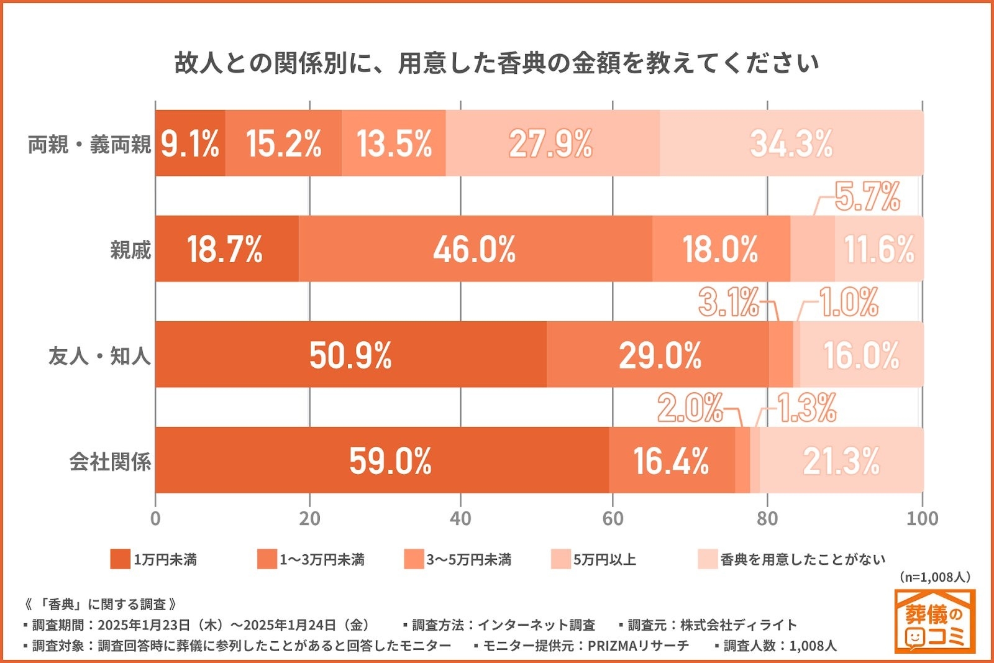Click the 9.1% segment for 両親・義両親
[x=189, y=144]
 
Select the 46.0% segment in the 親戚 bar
[x=475, y=249]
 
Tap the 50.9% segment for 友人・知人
[x=350, y=355]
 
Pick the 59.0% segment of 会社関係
[x=390, y=460]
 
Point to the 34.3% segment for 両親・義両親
[x=791, y=144]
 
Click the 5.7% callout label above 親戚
[x=867, y=196]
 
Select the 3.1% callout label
[x=729, y=303]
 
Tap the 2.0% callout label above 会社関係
[x=690, y=408]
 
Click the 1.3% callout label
[x=807, y=408]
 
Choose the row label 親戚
[x=130, y=250]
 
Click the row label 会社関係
[x=110, y=462]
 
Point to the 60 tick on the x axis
[x=613, y=519]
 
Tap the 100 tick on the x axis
[x=922, y=519]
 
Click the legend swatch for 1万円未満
[x=120, y=559]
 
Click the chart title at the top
[x=496, y=63]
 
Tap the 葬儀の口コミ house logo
[x=935, y=622]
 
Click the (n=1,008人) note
[x=934, y=577]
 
